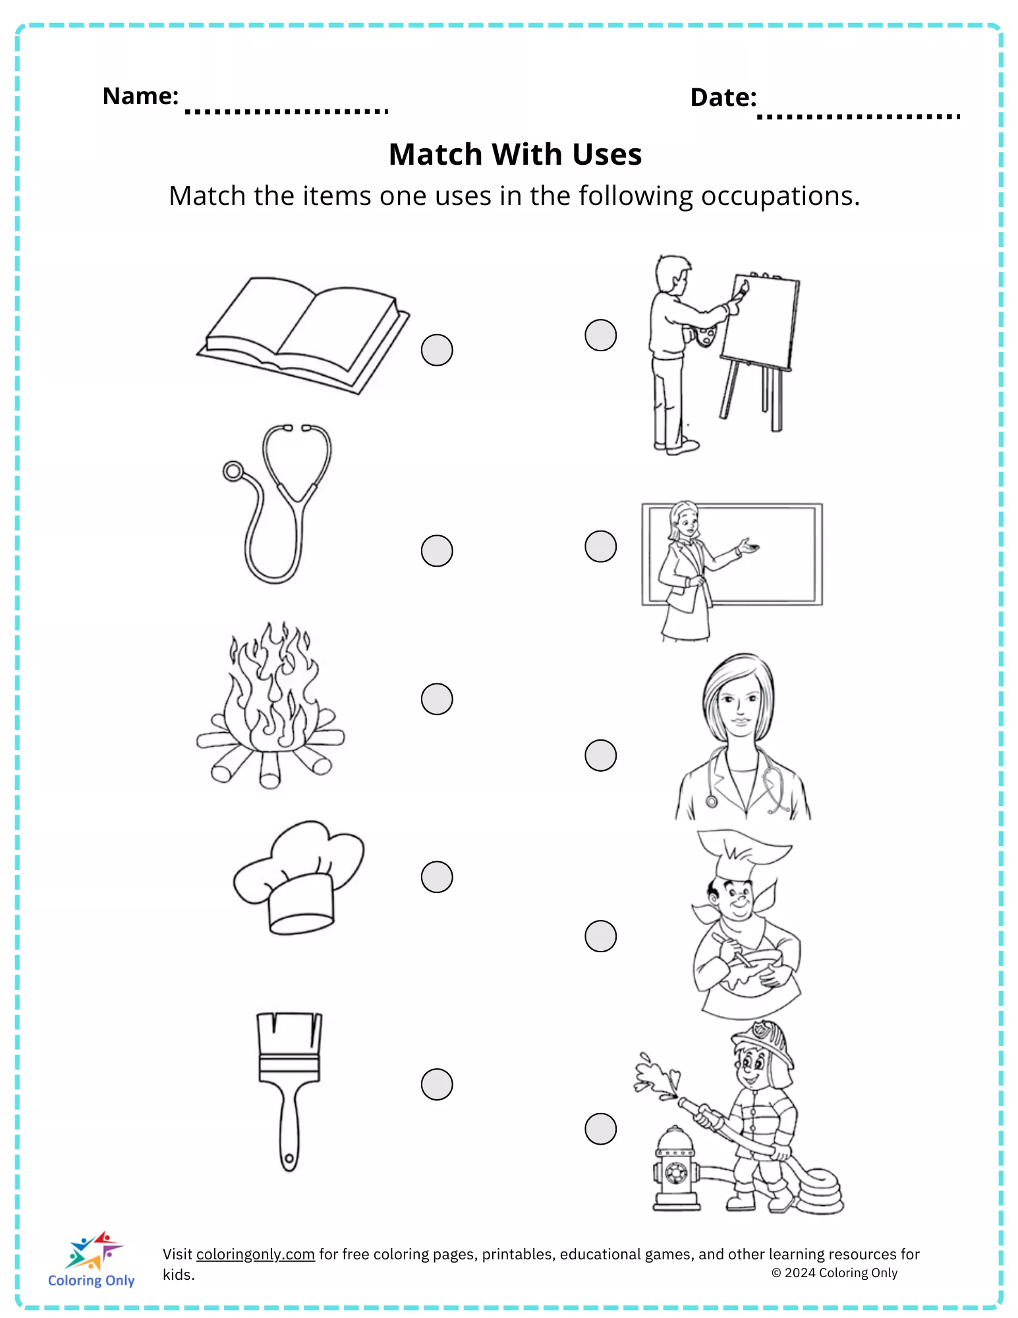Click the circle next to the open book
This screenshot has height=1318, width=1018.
pyautogui.click(x=437, y=350)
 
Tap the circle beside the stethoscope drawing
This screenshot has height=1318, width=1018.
pyautogui.click(x=437, y=550)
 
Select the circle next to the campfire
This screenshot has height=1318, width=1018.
pyautogui.click(x=437, y=699)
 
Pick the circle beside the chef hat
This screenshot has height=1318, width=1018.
pyautogui.click(x=437, y=877)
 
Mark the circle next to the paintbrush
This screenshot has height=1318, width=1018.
pyautogui.click(x=437, y=1084)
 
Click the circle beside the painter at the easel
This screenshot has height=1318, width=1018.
pyautogui.click(x=600, y=335)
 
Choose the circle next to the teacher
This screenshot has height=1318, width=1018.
pyautogui.click(x=600, y=546)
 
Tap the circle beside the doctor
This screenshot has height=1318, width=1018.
pyautogui.click(x=600, y=755)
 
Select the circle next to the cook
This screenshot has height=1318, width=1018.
pyautogui.click(x=600, y=936)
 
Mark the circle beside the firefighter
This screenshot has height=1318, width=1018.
pyautogui.click(x=600, y=1129)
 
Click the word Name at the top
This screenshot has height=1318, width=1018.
pyautogui.click(x=140, y=96)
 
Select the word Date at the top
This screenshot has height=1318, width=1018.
pyautogui.click(x=723, y=98)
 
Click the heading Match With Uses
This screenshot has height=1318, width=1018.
pyautogui.click(x=515, y=154)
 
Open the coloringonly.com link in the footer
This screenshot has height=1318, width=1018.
pyautogui.click(x=256, y=1254)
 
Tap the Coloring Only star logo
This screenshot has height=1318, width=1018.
pyautogui.click(x=94, y=1250)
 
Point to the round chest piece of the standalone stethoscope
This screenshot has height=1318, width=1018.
pyautogui.click(x=233, y=471)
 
